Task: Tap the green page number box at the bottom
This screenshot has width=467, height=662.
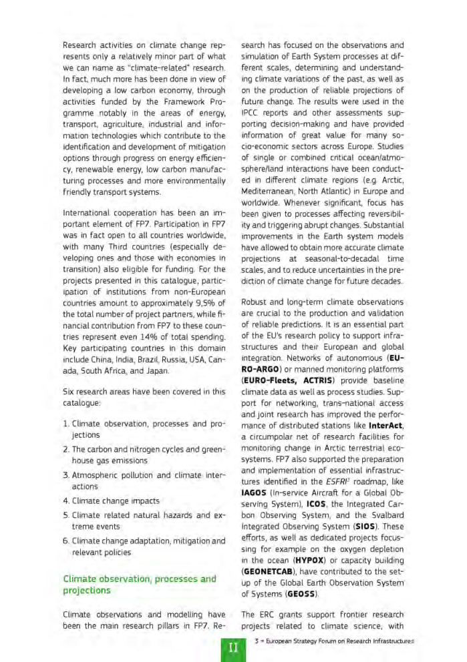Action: click(x=233, y=647)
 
